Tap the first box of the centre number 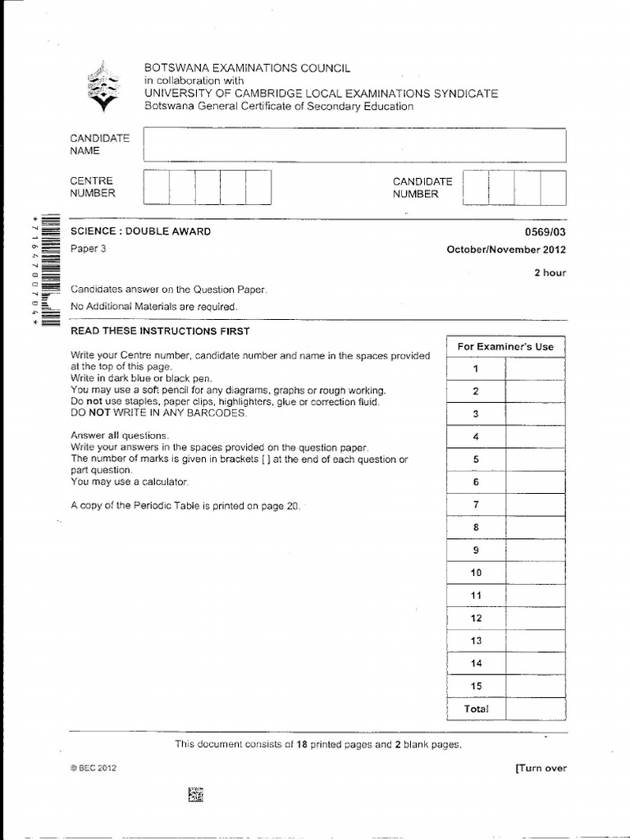click(156, 187)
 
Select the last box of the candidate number click(553, 187)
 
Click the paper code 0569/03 click(546, 231)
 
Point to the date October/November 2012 click(505, 250)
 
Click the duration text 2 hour click(550, 273)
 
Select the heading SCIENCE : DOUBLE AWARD click(140, 231)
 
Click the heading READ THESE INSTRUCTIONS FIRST click(160, 331)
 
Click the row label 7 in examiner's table click(476, 504)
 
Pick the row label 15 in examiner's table click(476, 686)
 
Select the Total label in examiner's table click(476, 709)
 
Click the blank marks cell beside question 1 click(535, 369)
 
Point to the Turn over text click(540, 769)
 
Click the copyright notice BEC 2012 click(94, 769)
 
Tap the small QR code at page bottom click(195, 793)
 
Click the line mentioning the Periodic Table click(185, 506)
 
